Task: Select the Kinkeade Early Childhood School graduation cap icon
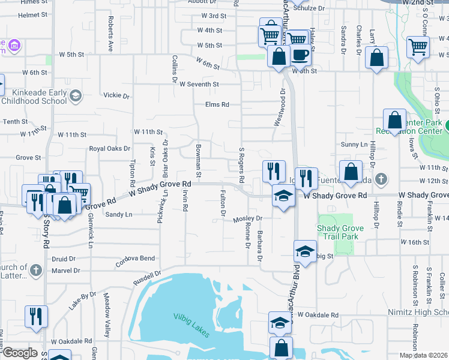coord(75,96)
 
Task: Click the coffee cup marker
coord(301,55)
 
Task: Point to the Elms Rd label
coord(217,104)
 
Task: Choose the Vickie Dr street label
coord(116,95)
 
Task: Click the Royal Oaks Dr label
coord(109,148)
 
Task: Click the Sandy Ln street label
coord(118,214)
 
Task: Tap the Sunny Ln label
coord(354,145)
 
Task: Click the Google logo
coord(20,353)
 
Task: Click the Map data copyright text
coord(423,355)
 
